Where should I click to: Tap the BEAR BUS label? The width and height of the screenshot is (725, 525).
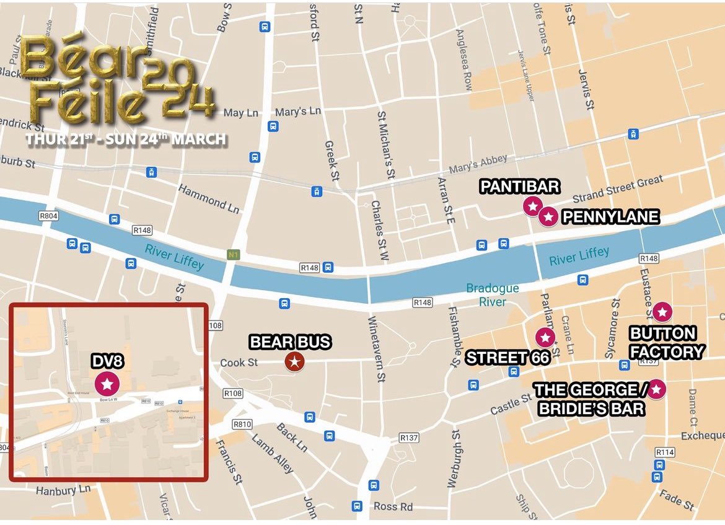[290, 342]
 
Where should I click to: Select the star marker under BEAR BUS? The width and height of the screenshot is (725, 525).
[295, 361]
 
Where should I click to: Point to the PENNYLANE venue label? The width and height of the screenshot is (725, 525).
[610, 217]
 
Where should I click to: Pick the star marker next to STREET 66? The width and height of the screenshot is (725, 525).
[545, 338]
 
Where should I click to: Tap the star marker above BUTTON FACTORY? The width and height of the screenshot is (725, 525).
[662, 312]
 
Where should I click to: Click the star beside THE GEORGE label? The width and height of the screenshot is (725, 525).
[656, 389]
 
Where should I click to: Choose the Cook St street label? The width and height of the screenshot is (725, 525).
[239, 363]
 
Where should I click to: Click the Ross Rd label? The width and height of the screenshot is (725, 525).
[393, 506]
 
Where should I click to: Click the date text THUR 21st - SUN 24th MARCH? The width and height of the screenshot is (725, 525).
[126, 139]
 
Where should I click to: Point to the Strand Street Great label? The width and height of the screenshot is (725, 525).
[617, 189]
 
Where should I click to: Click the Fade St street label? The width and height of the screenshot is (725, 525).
[677, 500]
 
